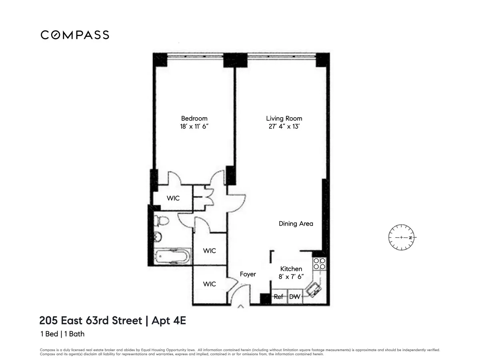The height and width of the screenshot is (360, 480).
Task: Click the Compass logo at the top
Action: click(75, 35)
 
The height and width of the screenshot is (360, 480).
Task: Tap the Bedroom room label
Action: click(194, 118)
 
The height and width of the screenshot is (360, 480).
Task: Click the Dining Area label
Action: click(296, 224)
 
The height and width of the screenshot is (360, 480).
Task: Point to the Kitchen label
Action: click(291, 269)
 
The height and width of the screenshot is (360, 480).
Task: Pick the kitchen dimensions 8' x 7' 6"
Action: click(291, 276)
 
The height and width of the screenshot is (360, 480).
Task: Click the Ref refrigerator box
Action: click(278, 297)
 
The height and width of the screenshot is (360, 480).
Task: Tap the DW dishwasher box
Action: click(294, 297)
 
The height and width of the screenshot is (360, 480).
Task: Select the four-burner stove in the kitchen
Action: click(319, 263)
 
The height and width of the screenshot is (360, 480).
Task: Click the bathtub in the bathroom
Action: click(172, 256)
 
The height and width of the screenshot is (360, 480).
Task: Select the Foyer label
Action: click(248, 274)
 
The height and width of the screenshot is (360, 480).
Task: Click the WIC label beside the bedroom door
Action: click(173, 198)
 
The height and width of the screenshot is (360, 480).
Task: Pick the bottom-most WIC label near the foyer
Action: click(209, 284)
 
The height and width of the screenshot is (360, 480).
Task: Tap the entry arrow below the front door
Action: click(241, 307)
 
